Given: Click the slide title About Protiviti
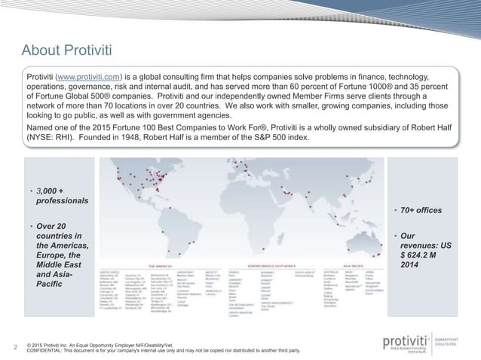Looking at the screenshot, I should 66,50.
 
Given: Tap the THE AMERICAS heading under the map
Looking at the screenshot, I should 167,265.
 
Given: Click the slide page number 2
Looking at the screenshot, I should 17,347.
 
